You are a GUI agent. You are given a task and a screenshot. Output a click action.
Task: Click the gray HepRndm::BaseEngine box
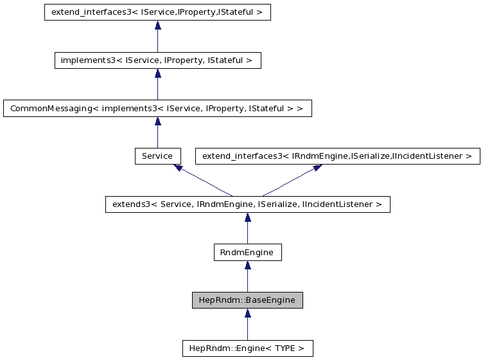(x=247, y=300)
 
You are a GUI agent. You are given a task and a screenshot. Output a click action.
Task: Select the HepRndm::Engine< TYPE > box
(x=247, y=348)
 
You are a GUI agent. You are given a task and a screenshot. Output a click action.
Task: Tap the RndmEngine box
(x=247, y=253)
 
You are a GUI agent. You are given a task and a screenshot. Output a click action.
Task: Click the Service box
(x=157, y=156)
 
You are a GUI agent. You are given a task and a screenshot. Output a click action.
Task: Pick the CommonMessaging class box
(x=157, y=108)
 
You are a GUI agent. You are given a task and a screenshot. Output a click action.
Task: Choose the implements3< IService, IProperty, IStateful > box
(x=157, y=60)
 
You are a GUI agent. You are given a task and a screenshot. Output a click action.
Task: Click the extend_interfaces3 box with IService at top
(x=157, y=12)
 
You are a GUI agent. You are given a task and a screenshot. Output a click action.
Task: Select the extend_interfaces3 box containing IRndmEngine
(x=337, y=156)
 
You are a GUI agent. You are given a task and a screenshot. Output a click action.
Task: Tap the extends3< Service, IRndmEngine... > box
(x=247, y=204)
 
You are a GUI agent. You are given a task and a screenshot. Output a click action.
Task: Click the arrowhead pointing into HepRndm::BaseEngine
(x=247, y=313)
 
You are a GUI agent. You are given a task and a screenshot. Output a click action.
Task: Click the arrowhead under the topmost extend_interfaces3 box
(x=157, y=25)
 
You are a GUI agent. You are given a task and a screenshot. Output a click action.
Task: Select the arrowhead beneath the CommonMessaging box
(x=157, y=121)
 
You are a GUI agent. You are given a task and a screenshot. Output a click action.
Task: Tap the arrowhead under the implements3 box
(x=157, y=73)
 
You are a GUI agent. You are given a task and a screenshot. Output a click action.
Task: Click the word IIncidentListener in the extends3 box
(x=343, y=204)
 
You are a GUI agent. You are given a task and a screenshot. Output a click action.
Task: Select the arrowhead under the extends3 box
(x=247, y=217)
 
